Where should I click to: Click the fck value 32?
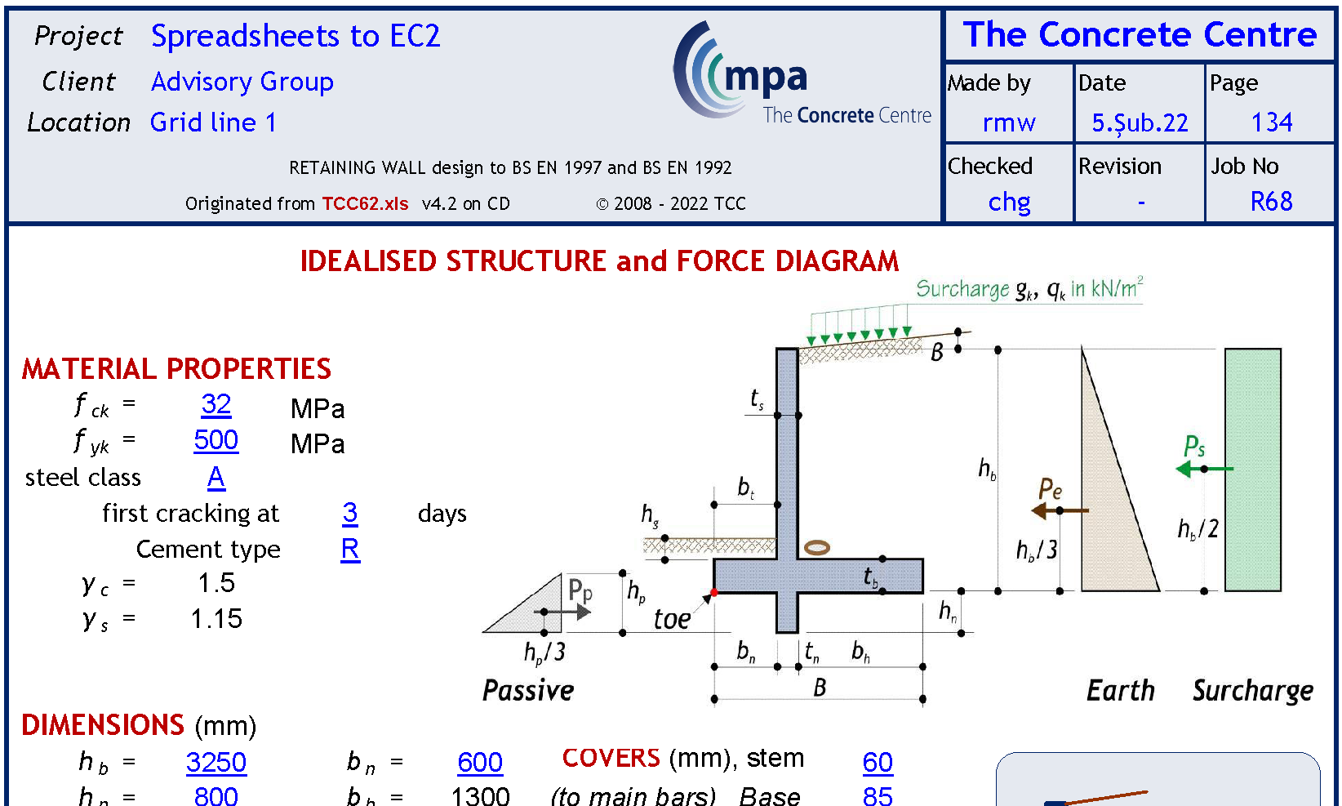coord(216,404)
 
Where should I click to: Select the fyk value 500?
coord(216,440)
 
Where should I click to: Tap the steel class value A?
coord(216,477)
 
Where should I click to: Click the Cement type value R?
coord(349,549)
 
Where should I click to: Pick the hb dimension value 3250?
coord(216,762)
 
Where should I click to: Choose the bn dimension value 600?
coord(480,762)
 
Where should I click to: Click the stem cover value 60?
coord(878,762)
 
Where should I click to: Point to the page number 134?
coord(1272,122)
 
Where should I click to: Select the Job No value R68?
coord(1271,201)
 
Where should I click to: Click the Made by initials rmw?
coord(1009,122)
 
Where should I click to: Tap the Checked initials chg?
coord(1009,202)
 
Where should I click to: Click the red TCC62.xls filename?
coord(365,203)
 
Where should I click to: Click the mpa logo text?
coord(765,77)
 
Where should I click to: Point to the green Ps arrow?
coord(1205,469)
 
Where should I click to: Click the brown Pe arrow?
coord(1060,510)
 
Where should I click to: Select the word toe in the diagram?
coord(672,619)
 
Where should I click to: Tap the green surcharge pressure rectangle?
coord(1252,470)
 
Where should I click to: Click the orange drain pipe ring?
coord(816,547)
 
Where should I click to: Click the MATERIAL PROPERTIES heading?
coord(176,369)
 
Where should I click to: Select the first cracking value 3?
coord(349,513)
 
